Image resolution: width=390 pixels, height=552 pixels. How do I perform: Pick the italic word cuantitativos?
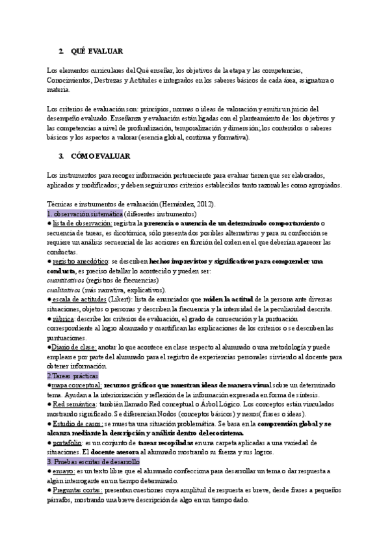coord(70,280)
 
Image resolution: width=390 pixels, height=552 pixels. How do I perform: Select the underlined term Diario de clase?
coord(76,347)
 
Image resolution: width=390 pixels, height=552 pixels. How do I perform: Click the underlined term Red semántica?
coord(76,404)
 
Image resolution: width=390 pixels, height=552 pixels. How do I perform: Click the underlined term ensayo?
coord(63,471)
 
